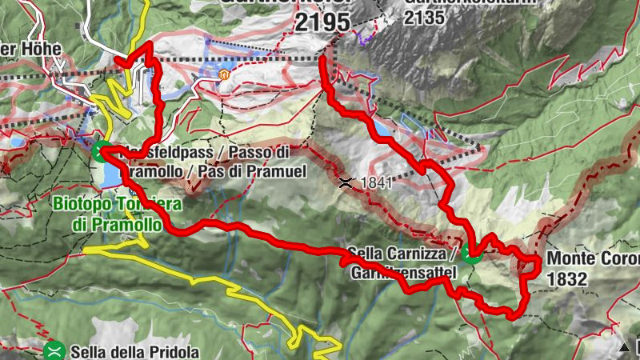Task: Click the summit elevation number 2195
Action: tap(322, 22)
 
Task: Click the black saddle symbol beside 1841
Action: tap(346, 182)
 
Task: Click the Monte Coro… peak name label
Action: tap(593, 260)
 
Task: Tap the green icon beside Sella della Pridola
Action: tap(54, 350)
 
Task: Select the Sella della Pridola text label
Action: tap(134, 351)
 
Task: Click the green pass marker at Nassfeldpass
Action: tap(102, 150)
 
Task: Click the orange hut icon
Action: tap(224, 76)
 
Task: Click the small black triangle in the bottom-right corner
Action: tap(625, 347)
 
